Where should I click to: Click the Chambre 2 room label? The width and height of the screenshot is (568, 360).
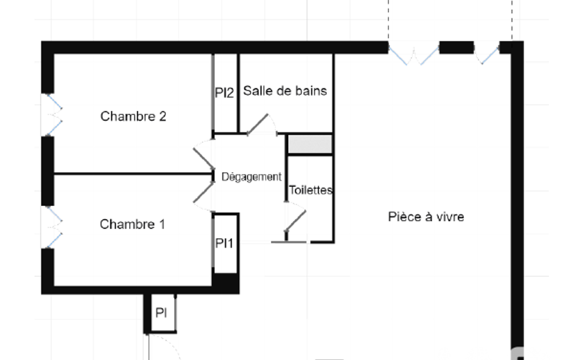tap(134, 116)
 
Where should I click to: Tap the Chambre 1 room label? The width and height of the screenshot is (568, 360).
tap(132, 224)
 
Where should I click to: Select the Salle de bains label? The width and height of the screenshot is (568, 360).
tap(285, 90)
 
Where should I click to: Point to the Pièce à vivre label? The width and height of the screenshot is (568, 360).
tap(426, 217)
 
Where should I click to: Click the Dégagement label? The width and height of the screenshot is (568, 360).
tap(252, 177)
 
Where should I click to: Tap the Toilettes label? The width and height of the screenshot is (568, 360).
tap(310, 190)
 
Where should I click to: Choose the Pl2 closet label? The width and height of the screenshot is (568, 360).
tap(224, 92)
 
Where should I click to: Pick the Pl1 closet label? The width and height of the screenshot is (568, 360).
tap(224, 243)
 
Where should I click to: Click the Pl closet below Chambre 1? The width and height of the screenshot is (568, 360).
tap(161, 312)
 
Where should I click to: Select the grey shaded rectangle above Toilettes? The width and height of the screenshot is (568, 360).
tap(310, 144)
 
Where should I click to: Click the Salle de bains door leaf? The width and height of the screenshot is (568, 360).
tap(258, 124)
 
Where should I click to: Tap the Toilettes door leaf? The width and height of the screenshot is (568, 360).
tap(295, 220)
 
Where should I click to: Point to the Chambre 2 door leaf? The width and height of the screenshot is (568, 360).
tap(203, 158)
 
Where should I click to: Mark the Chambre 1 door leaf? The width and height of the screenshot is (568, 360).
tap(203, 192)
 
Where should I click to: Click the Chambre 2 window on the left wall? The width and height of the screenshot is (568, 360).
tap(52, 115)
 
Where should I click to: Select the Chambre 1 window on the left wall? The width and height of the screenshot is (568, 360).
tap(52, 227)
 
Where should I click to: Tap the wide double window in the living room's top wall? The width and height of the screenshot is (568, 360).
tap(414, 54)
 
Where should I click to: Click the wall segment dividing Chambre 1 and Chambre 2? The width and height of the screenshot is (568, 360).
tap(134, 174)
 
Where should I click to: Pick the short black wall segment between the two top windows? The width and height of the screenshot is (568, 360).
tap(457, 48)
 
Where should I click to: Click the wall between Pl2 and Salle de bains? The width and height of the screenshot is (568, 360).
tap(238, 94)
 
